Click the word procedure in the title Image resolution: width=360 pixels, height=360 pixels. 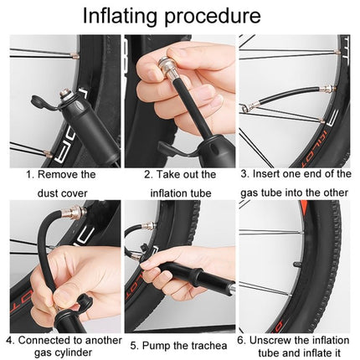(x=218, y=16)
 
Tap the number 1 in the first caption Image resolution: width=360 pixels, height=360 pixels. (x=29, y=174)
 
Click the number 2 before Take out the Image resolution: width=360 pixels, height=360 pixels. (x=147, y=174)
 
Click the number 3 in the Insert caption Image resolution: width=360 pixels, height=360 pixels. (x=244, y=174)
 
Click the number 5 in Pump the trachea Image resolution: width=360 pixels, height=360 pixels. (x=133, y=345)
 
